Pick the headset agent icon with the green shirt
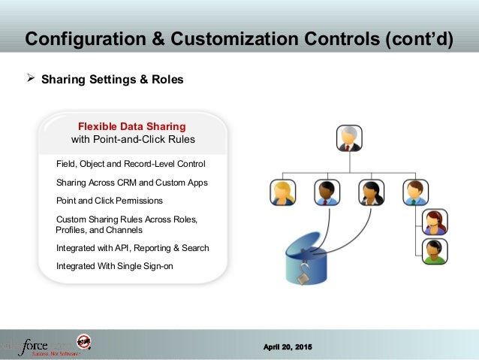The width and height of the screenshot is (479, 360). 435,251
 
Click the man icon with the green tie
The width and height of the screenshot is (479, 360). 415,192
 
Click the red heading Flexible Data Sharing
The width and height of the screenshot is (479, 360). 132,126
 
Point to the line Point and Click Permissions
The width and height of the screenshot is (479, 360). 110,201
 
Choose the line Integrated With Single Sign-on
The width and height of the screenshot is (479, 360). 113,265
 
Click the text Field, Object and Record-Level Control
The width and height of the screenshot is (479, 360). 131,163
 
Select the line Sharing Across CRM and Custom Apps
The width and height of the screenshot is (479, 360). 132,182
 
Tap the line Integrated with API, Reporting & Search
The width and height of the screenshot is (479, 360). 133,247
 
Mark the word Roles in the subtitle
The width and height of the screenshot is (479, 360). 167,78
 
